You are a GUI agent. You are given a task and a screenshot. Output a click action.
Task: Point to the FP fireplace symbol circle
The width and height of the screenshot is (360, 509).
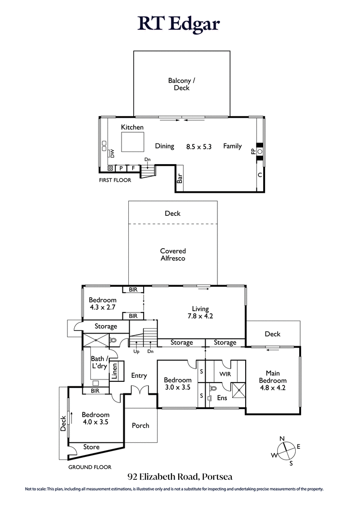pos(260,152)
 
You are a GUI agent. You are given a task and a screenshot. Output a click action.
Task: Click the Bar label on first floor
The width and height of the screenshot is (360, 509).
pos(180,179)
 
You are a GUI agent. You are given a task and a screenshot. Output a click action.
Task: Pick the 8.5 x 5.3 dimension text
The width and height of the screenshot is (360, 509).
pos(199,146)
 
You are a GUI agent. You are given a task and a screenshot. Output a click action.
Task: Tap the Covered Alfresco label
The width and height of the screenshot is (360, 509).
pos(173,254)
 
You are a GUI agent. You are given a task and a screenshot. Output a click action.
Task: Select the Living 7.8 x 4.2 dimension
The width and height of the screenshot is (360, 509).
pos(200,316)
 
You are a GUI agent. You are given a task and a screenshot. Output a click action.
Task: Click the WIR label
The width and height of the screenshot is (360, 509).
pos(225,374)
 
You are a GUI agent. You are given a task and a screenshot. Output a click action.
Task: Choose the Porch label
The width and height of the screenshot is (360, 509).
pos(140,425)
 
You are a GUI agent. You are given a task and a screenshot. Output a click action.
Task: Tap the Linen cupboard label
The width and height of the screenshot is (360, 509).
pos(114,371)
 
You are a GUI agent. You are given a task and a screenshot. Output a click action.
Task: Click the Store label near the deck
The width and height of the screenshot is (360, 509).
pos(91,447)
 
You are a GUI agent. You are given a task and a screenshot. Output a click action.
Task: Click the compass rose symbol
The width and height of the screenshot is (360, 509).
pos(285,451)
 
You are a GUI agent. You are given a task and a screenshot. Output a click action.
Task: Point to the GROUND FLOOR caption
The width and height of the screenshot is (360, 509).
pos(90,467)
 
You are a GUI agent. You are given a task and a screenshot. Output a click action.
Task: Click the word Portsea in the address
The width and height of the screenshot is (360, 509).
pos(217,477)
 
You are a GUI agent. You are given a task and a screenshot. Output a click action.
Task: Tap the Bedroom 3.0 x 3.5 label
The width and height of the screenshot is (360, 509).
pos(178,383)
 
